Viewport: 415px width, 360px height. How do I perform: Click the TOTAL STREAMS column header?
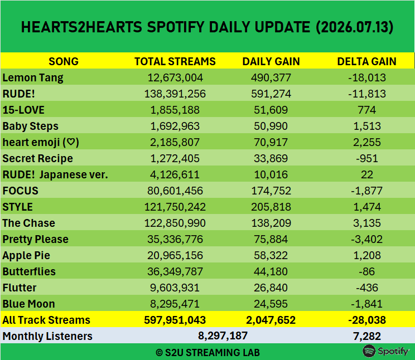coord(175,61)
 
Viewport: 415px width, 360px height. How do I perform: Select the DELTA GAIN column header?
coord(366,61)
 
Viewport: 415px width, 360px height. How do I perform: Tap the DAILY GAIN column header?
coord(271,61)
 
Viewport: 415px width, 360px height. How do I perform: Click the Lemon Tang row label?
coord(33,78)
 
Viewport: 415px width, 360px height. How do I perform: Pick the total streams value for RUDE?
coord(175,94)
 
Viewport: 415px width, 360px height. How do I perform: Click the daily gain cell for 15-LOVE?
coord(271,110)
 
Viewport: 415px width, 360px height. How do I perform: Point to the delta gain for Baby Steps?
coord(367,126)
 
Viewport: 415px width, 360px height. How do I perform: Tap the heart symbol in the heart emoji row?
coord(71,142)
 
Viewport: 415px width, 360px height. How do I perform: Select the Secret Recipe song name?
coord(37,158)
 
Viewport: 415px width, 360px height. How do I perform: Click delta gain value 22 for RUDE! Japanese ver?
coord(367,174)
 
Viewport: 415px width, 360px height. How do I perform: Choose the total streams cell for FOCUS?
coord(175,191)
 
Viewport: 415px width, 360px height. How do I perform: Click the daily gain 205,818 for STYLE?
coord(271,207)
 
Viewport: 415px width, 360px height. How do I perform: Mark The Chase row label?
coord(29,223)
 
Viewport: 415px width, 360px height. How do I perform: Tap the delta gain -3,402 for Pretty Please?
coord(367,240)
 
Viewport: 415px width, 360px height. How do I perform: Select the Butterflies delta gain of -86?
coord(367,271)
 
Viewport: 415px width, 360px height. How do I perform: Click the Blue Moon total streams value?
coord(175,304)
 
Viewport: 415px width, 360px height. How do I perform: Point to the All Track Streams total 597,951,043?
coord(175,320)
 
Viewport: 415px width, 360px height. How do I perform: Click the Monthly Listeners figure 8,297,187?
coord(223,336)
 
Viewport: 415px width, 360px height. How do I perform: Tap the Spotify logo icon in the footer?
coord(369,351)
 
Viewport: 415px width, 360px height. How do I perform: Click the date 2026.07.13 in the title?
coord(354,27)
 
